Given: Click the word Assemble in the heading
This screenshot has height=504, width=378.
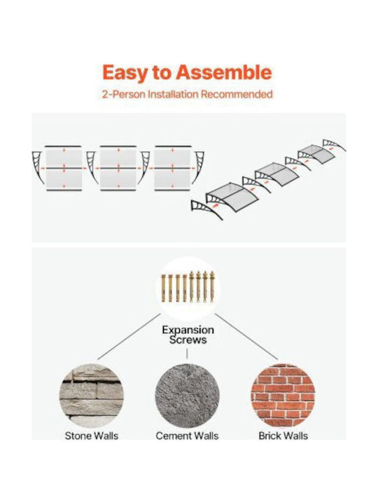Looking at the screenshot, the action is point(225,72).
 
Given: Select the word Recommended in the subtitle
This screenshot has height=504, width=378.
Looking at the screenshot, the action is point(237,94).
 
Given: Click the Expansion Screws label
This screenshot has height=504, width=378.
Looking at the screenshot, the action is point(188,335).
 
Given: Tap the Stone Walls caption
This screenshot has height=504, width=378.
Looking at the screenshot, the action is point(92,436).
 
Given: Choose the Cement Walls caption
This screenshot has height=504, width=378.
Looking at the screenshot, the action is point(187,436).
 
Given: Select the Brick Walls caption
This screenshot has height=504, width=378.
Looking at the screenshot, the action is point(283,436).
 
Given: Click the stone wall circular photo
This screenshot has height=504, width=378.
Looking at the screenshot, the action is point(92,395).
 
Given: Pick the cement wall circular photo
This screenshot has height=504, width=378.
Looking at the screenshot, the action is point(187,395).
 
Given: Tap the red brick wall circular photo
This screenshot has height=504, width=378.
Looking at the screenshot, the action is point(283,395).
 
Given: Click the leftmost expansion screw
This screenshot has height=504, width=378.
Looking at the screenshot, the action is point(163,288).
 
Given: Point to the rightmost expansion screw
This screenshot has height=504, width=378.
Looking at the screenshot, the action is point(212,287).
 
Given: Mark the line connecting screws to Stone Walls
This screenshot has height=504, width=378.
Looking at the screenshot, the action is point(129,337).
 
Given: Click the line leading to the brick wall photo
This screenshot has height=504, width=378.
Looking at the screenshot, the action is point(246,337).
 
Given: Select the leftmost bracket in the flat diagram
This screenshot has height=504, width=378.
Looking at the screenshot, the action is point(38,167).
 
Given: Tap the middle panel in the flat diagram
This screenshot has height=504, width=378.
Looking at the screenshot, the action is point(118,168).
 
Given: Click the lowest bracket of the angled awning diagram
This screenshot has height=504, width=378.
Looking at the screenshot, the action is point(206,209).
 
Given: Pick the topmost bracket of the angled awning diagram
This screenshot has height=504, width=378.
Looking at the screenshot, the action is point(335,145).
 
